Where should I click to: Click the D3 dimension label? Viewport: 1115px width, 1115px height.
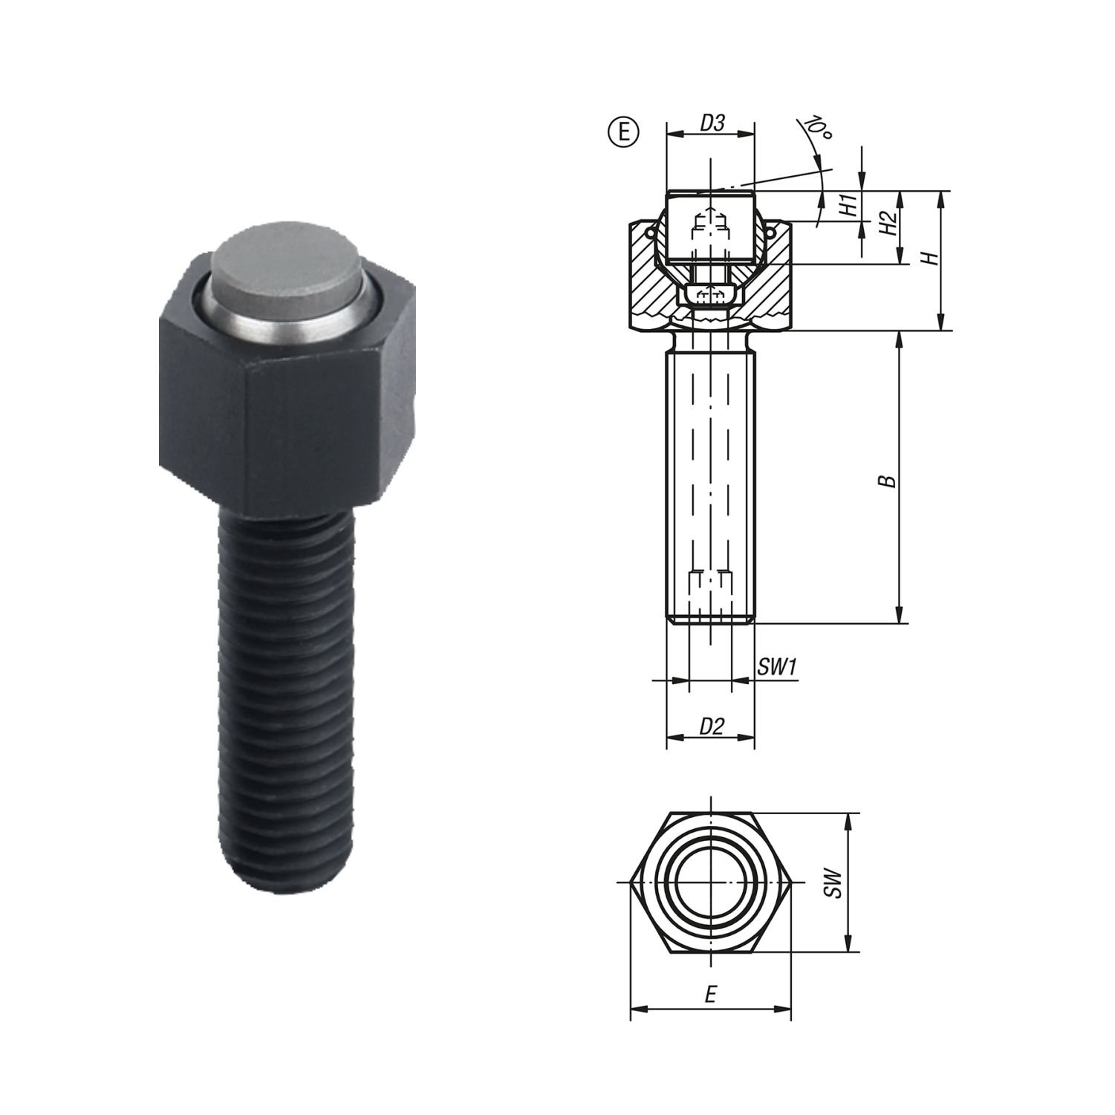point(712,123)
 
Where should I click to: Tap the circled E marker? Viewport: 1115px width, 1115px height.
point(623,131)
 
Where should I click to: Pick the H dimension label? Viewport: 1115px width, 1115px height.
point(929,259)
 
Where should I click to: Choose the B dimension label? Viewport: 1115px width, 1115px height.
point(889,481)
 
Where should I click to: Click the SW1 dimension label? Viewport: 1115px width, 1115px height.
point(777,667)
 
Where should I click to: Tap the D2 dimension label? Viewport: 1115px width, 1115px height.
point(712,726)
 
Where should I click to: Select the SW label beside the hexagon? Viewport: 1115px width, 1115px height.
point(835,883)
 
